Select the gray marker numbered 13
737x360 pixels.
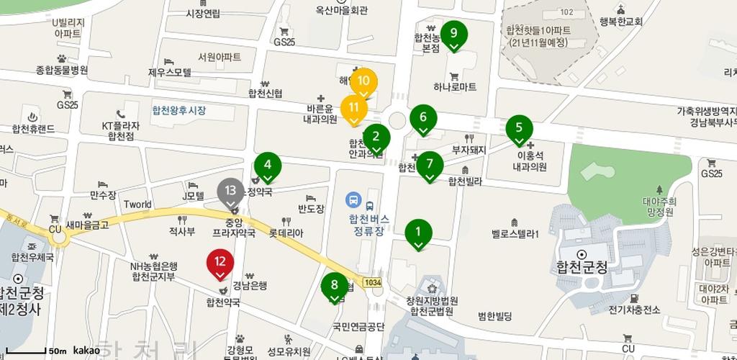pyautogui.click(x=230, y=192)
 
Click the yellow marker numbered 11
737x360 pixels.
pyautogui.click(x=353, y=109)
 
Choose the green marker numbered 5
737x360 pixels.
pyautogui.click(x=519, y=130)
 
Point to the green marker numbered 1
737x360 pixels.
pyautogui.click(x=418, y=233)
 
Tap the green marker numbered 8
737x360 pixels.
pyautogui.click(x=334, y=286)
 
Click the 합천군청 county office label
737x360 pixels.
pyautogui.click(x=582, y=267)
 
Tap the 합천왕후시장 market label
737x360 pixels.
pyautogui.click(x=178, y=111)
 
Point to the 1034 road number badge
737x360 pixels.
pyautogui.click(x=372, y=282)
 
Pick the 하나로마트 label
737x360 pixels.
pyautogui.click(x=455, y=87)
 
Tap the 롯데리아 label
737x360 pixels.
pyautogui.click(x=286, y=233)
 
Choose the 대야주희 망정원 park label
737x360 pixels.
pyautogui.click(x=659, y=207)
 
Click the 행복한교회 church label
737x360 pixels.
pyautogui.click(x=620, y=22)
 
